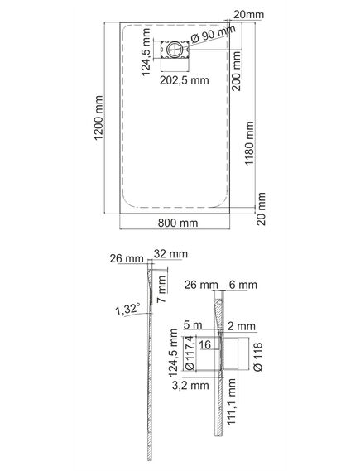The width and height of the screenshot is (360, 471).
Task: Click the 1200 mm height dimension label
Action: [x=98, y=118]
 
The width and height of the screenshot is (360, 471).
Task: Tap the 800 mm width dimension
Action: [x=178, y=223]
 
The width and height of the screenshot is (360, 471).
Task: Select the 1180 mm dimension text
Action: [x=249, y=143]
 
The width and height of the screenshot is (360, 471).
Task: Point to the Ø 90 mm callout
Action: [x=213, y=34]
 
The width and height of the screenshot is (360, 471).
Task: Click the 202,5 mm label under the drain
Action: [x=184, y=80]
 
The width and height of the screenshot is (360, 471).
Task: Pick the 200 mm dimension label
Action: [x=237, y=71]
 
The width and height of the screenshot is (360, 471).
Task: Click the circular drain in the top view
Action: [x=174, y=50]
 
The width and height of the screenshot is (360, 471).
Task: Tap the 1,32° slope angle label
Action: [x=128, y=309]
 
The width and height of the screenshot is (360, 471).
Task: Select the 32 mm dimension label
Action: [x=170, y=254]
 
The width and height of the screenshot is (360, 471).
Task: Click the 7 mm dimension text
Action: [x=161, y=289]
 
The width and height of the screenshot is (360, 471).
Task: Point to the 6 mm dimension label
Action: [x=243, y=285]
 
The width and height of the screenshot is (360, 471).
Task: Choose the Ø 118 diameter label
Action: [x=258, y=357]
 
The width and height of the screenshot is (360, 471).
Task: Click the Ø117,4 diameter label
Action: [x=190, y=353]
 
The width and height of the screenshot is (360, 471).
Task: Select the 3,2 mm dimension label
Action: [x=190, y=386]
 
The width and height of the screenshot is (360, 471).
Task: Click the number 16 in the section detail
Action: [x=205, y=345]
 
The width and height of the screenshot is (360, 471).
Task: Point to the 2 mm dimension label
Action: [x=242, y=326]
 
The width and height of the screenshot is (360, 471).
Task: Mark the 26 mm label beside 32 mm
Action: [x=127, y=258]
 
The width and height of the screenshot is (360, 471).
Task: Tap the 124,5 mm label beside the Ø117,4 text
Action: [x=174, y=353]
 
